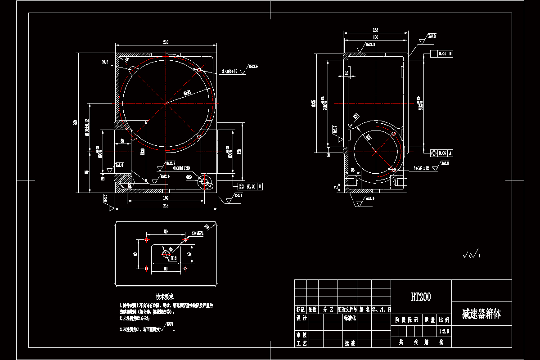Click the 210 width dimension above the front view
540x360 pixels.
pyautogui.click(x=166, y=42)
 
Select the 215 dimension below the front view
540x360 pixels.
pyautogui.click(x=166, y=206)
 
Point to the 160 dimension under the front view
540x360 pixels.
pyautogui.click(x=166, y=198)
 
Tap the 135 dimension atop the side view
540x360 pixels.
pyautogui.click(x=375, y=30)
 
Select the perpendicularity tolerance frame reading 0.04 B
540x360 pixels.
pyautogui.click(x=441, y=54)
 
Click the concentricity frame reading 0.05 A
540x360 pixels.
pyautogui.click(x=441, y=153)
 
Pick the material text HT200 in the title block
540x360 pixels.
pyautogui.click(x=420, y=297)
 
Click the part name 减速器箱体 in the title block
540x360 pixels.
pyautogui.click(x=481, y=314)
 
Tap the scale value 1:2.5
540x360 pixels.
pyautogui.click(x=443, y=331)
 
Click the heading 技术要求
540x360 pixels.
pyautogui.click(x=165, y=297)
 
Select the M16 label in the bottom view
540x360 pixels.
pyautogui.click(x=174, y=258)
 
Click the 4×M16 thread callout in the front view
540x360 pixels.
pyautogui.click(x=169, y=168)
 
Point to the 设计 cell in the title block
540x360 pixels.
pyautogui.click(x=301, y=318)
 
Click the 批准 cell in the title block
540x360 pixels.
pyautogui.click(x=350, y=343)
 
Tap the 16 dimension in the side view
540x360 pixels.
pyautogui.click(x=346, y=72)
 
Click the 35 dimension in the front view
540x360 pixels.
pyautogui.click(x=122, y=140)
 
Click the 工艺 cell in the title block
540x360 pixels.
pyautogui.click(x=301, y=343)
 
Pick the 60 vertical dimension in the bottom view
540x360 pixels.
pyautogui.click(x=135, y=254)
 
